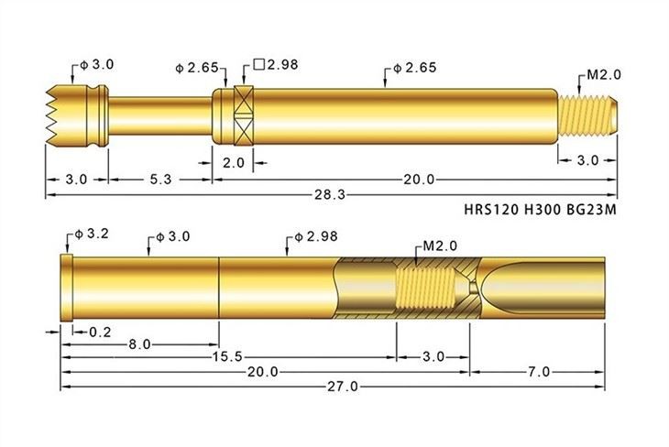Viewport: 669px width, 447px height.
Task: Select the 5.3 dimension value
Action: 160,180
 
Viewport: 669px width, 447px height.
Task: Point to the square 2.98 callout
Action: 276,65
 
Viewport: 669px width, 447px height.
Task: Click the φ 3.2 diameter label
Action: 88,234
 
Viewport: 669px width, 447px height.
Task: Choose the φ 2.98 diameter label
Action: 311,236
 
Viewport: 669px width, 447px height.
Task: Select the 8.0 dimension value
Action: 139,345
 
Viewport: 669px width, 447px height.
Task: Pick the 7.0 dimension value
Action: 539,371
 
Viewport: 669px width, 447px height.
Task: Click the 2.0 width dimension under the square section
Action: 234,162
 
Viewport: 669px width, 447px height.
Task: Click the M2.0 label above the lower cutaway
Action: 440,246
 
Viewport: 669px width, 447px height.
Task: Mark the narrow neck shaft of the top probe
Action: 160,115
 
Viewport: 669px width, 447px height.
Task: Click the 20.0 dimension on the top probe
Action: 420,180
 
